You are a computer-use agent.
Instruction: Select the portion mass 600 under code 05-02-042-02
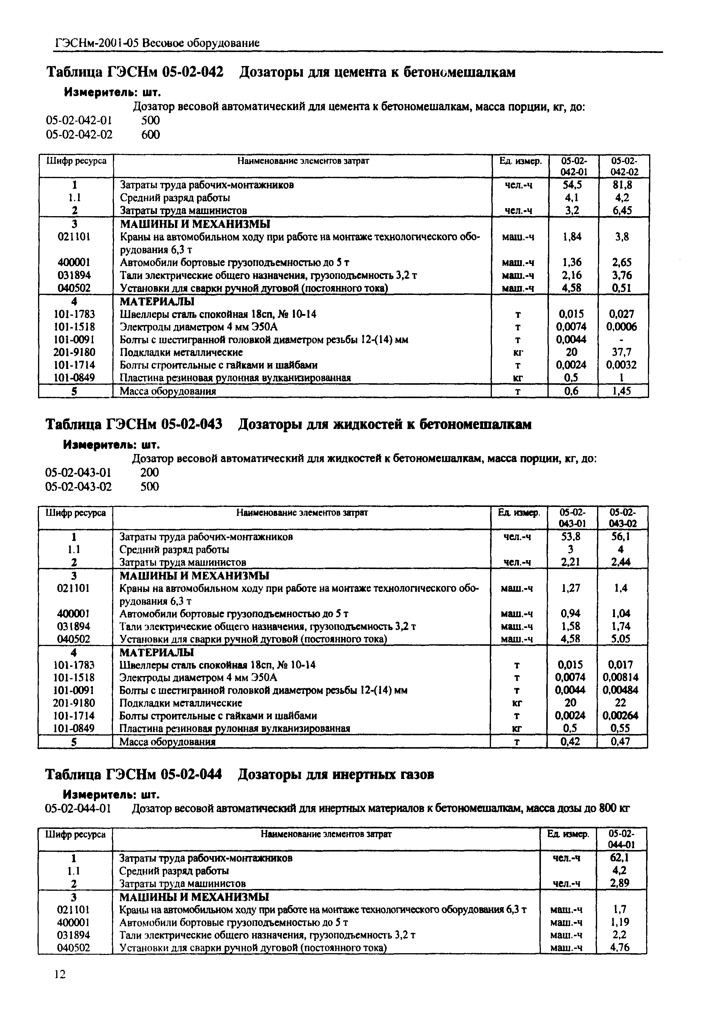(x=150, y=135)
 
